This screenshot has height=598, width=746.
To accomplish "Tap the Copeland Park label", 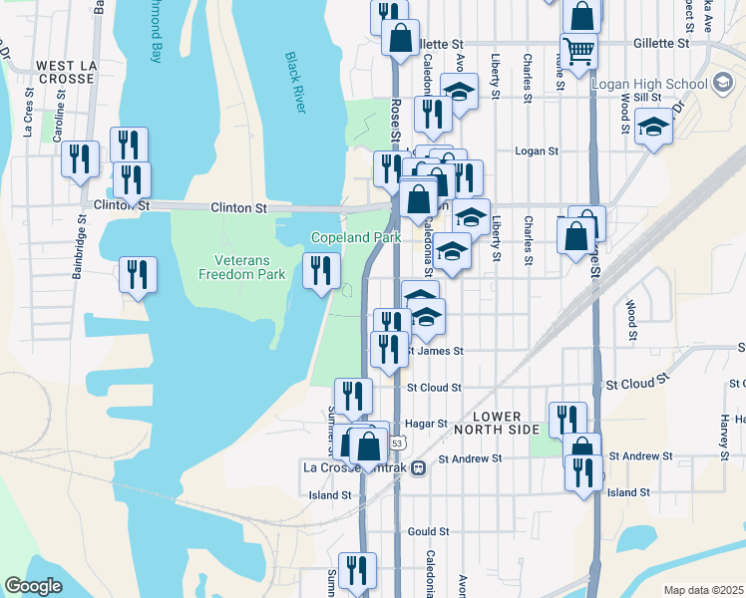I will [x=356, y=238].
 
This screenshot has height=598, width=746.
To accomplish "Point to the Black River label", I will [x=293, y=82].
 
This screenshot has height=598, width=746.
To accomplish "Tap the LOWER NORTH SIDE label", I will [x=497, y=423].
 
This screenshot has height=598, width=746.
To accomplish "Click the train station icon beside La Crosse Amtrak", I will [x=420, y=466].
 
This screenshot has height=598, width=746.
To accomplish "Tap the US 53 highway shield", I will [x=397, y=442].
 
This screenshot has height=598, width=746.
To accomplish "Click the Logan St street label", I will [x=536, y=151].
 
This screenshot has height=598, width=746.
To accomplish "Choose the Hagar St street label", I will [x=427, y=424].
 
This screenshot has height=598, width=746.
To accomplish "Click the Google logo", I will [x=34, y=586].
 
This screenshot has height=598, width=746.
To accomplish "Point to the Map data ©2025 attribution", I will [x=702, y=590].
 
